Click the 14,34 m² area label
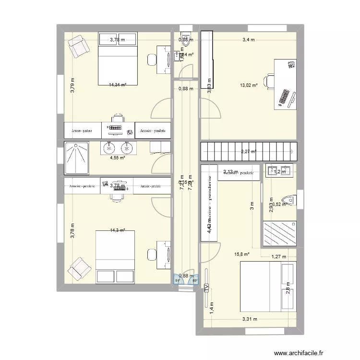point(117,84)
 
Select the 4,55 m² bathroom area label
point(117,157)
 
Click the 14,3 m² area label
point(117,230)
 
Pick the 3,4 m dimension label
point(248,40)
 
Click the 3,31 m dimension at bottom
point(250,319)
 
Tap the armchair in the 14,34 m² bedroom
point(78,46)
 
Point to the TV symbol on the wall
point(206,288)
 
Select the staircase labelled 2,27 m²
point(249,152)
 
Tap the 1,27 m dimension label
point(278,257)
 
